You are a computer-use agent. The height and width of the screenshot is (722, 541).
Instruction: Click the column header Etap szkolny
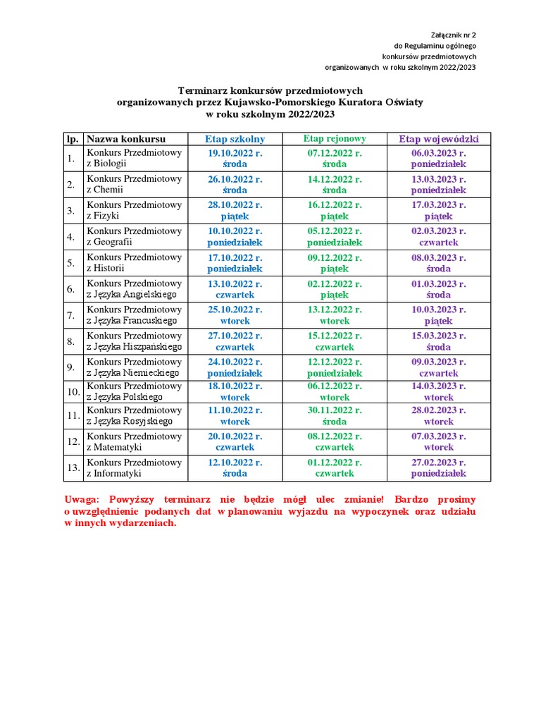point(235,139)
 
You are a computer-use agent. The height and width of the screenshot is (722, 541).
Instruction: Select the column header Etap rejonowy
point(334,139)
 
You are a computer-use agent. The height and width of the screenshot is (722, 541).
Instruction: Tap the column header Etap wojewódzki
point(439,139)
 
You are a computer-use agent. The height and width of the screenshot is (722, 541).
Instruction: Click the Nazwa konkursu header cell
point(126,139)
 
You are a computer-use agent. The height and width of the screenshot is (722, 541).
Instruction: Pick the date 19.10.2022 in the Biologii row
point(235,153)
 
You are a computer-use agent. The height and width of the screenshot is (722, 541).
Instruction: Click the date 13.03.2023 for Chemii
point(439,179)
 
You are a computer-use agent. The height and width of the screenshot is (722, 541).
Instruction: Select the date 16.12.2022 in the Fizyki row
point(334,205)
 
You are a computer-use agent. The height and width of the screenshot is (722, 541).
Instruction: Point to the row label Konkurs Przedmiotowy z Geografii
point(134,237)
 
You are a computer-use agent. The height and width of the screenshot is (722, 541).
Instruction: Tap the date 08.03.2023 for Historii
point(439,257)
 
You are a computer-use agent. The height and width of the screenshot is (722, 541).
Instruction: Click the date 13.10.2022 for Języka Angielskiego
point(235,283)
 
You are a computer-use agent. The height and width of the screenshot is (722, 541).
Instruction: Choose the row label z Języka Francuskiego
point(132,321)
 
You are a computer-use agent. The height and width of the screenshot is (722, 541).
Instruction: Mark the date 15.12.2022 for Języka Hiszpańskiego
point(334,336)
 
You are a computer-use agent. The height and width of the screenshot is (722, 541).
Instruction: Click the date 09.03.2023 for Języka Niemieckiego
point(439,362)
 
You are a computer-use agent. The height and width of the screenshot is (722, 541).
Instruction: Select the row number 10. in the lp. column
point(73,391)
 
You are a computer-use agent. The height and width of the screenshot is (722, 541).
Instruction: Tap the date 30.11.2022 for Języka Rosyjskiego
point(334,410)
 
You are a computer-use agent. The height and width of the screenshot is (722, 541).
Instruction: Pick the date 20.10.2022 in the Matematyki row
point(235,436)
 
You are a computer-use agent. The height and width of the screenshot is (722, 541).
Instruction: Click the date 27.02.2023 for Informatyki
point(439,463)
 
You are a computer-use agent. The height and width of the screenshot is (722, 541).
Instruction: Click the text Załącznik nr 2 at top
point(453,35)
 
